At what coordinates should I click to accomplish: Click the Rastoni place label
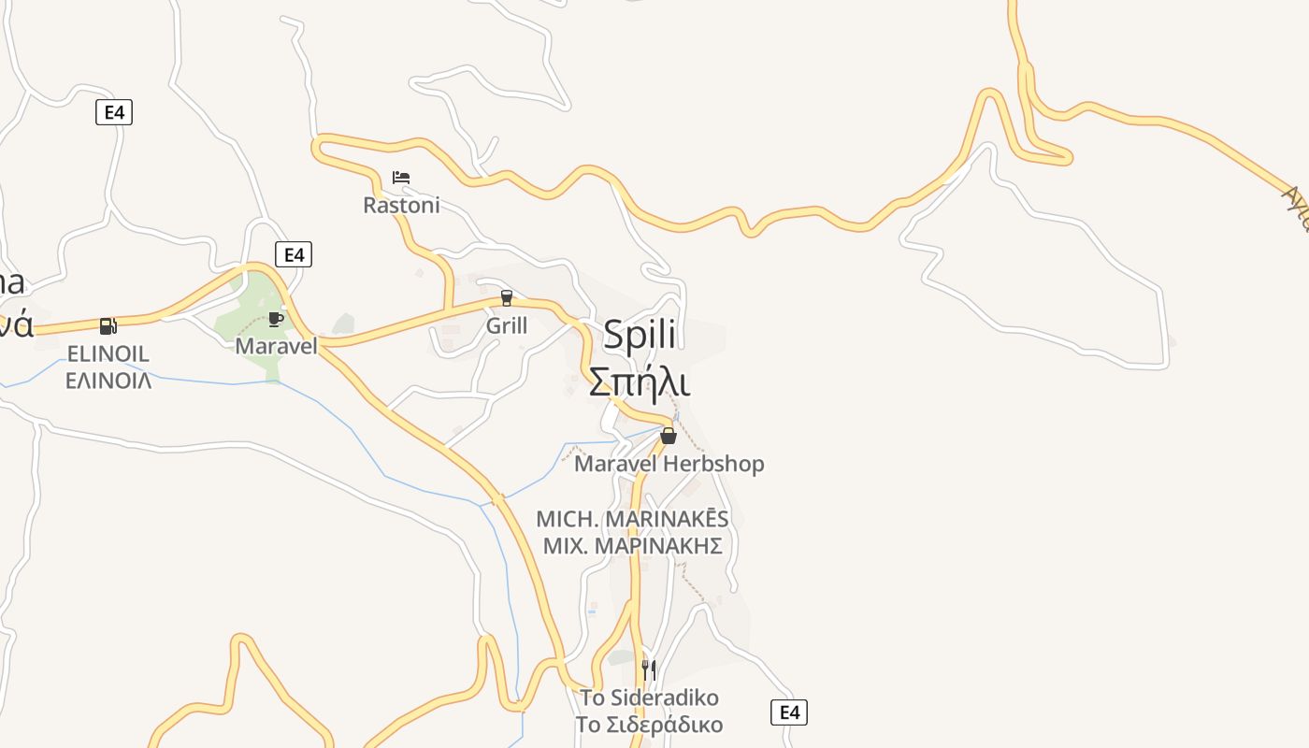401,205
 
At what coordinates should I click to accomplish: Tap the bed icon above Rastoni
401,178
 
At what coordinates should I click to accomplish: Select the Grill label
507,325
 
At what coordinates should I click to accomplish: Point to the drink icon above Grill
507,298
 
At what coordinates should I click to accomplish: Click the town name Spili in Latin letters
640,335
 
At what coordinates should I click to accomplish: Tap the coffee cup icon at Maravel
276,319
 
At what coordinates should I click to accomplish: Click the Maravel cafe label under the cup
276,346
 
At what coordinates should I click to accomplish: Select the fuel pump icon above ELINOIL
108,326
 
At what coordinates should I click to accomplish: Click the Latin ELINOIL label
108,354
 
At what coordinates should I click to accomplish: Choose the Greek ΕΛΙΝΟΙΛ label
108,381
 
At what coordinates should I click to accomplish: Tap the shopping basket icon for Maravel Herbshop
669,436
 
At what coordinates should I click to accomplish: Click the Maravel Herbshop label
669,464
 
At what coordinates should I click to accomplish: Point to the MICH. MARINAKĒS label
632,519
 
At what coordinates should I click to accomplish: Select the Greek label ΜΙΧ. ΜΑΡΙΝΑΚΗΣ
632,545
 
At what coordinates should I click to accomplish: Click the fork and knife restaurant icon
649,669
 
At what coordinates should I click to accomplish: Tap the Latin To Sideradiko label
649,698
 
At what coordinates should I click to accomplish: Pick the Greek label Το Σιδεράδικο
649,725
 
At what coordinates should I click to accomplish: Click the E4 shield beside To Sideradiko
789,712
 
